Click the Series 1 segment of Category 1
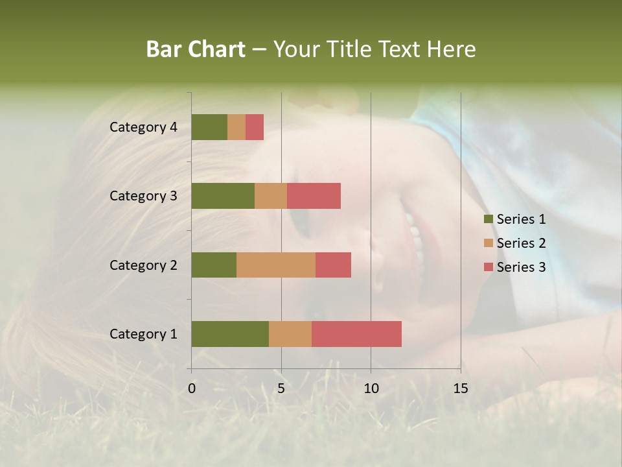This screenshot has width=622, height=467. click(x=230, y=333)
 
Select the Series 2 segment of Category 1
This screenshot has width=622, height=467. click(x=290, y=333)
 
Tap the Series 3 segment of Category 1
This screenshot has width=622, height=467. click(x=356, y=333)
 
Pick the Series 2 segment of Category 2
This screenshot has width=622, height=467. click(x=276, y=265)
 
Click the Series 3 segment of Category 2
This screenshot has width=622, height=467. click(x=333, y=265)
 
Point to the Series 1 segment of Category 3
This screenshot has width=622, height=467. click(x=223, y=196)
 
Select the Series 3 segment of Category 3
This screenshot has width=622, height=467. click(x=314, y=196)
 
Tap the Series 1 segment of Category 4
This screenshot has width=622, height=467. click(x=209, y=127)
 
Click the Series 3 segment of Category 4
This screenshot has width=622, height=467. click(x=255, y=127)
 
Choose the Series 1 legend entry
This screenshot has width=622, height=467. click(x=514, y=219)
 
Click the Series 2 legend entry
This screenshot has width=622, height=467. click(x=514, y=243)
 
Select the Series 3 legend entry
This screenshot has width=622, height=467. click(x=514, y=267)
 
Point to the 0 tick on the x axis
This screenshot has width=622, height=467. click(x=192, y=389)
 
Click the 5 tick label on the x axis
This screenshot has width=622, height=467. click(x=281, y=389)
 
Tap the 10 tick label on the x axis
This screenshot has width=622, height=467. click(x=371, y=389)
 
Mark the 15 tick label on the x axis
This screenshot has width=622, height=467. click(x=460, y=389)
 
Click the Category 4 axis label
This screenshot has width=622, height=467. click(x=143, y=127)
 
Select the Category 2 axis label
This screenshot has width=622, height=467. click(x=143, y=265)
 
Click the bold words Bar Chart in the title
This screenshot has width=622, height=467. click(x=196, y=49)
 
